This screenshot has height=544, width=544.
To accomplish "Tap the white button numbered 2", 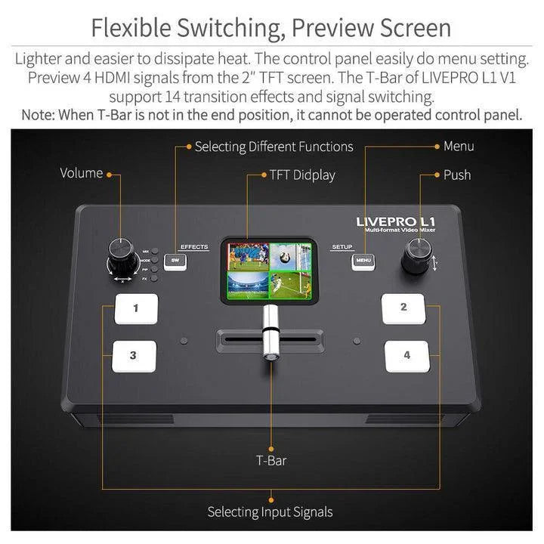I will (x=403, y=308).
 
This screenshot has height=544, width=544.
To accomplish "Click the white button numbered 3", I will (x=134, y=356).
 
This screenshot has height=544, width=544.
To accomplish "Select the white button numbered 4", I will (x=406, y=356).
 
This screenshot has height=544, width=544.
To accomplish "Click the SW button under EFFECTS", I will (x=176, y=261).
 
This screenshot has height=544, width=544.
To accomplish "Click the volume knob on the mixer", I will (x=121, y=252).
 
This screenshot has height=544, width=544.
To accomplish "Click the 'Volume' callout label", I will (x=82, y=173).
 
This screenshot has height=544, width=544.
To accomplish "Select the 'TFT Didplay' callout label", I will (x=302, y=175).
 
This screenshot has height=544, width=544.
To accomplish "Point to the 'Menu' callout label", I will (x=459, y=146).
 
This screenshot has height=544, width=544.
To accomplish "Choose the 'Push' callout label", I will (x=457, y=175).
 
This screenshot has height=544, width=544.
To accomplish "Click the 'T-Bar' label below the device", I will (x=270, y=460).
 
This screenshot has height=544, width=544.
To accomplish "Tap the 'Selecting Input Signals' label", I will (x=270, y=512).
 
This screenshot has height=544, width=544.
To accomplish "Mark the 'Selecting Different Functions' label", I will (x=274, y=147).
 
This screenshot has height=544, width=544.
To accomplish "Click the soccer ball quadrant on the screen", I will (x=290, y=255).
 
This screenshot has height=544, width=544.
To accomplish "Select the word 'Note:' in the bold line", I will (x=39, y=115).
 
